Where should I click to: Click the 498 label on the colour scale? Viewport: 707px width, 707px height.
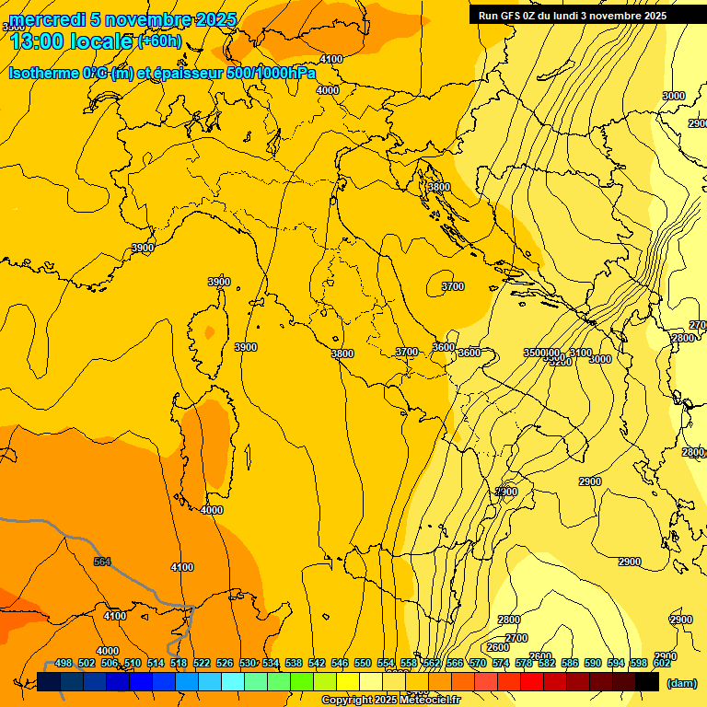(x=64, y=663)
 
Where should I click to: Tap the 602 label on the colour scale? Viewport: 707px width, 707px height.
(x=662, y=663)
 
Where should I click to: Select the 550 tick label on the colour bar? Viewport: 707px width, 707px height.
(x=363, y=663)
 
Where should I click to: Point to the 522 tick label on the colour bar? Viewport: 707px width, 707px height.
(x=202, y=663)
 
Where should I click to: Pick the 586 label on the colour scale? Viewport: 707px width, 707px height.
(x=570, y=663)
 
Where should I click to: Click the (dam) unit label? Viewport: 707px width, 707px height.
(x=681, y=682)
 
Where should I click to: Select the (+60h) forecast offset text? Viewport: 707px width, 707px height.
(x=159, y=41)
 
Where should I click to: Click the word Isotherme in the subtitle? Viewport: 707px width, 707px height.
(x=42, y=73)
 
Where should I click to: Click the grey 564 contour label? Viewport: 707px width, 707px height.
(x=102, y=562)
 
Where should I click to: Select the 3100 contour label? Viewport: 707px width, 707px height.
(x=580, y=353)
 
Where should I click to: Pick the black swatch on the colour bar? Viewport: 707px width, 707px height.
(x=647, y=682)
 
